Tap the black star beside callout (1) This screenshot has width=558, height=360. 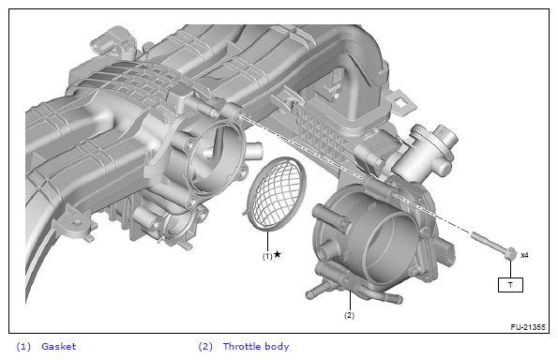[x=278, y=254]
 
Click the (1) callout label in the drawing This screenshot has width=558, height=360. [x=267, y=256]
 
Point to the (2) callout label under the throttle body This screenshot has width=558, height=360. [x=349, y=315]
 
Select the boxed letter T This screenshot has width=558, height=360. [x=510, y=285]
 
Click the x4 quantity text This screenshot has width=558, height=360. [x=524, y=255]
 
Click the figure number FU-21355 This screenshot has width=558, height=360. [x=528, y=327]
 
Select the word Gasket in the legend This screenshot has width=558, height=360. [x=59, y=346]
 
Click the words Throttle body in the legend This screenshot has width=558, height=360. [x=256, y=346]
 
